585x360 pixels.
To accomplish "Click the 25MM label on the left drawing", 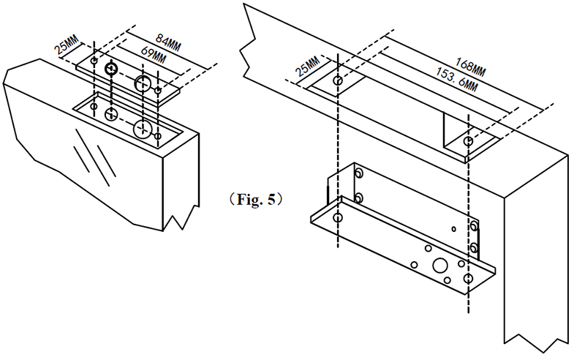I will pyautogui.click(x=67, y=47).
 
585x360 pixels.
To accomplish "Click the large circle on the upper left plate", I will pyautogui.click(x=143, y=83).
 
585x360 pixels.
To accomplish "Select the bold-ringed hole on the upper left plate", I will pyautogui.click(x=111, y=70).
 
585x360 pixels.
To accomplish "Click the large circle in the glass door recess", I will pyautogui.click(x=143, y=130).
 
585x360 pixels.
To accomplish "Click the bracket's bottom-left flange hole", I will pyautogui.click(x=337, y=218).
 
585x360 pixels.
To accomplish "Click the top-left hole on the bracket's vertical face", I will pyautogui.click(x=358, y=173).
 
